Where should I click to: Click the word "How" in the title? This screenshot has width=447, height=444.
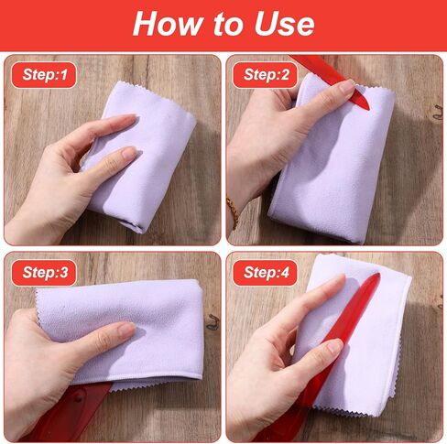click(168, 24)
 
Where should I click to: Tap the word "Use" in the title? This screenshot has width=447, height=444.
click(284, 24)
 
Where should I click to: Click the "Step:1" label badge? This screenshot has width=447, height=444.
click(44, 75)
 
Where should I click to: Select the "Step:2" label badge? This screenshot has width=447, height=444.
click(265, 75)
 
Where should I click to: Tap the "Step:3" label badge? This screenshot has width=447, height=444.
click(44, 272)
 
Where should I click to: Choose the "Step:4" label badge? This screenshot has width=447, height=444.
click(265, 272)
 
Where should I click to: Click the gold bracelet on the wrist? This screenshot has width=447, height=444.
click(233, 212)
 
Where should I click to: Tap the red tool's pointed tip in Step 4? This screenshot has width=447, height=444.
click(377, 275)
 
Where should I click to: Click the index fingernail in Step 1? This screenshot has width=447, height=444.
click(128, 118)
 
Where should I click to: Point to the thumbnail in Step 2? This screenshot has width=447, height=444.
click(347, 86)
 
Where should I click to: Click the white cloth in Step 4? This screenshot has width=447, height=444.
click(366, 336)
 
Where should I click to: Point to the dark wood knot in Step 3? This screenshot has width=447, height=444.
click(213, 322)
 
